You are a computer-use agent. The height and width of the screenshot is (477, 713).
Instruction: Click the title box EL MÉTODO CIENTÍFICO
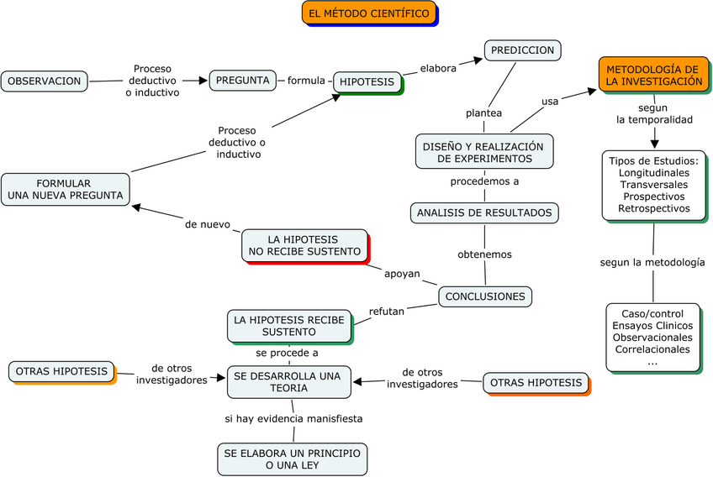(x=368, y=13)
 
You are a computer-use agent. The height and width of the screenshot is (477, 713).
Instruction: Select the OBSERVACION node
(x=44, y=81)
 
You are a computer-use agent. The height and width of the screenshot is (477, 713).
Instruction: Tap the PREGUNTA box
(x=243, y=81)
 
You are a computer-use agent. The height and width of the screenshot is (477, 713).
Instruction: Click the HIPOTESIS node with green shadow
(x=367, y=81)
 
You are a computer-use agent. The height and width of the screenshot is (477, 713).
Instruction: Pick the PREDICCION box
(x=522, y=50)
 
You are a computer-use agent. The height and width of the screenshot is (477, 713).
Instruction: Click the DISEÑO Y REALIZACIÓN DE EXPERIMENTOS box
(x=483, y=151)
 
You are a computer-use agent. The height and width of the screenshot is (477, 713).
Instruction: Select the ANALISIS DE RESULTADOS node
(x=484, y=212)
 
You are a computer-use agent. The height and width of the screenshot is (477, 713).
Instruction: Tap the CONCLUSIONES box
(x=485, y=296)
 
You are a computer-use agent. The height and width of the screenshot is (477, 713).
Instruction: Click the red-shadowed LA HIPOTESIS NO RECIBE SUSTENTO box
(x=304, y=245)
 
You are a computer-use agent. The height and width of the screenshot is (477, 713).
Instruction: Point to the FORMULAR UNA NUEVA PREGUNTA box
(x=65, y=189)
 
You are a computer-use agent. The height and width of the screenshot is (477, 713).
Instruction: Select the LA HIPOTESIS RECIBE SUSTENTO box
(x=288, y=326)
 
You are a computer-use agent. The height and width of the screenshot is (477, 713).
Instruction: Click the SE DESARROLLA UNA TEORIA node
(x=288, y=381)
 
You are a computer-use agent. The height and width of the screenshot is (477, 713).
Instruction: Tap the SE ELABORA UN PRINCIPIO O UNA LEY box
(x=292, y=459)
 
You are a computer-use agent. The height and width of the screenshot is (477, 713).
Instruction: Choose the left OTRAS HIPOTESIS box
(x=61, y=371)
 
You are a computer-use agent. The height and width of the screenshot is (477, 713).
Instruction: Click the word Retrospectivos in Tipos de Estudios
(x=653, y=208)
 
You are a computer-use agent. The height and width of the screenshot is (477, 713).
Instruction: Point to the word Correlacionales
(x=652, y=349)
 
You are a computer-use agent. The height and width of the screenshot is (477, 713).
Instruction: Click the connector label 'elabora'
(x=438, y=69)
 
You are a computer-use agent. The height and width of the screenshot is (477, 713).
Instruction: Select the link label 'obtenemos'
(x=484, y=254)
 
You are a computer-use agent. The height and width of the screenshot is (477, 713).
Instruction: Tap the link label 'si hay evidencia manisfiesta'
(x=293, y=418)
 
